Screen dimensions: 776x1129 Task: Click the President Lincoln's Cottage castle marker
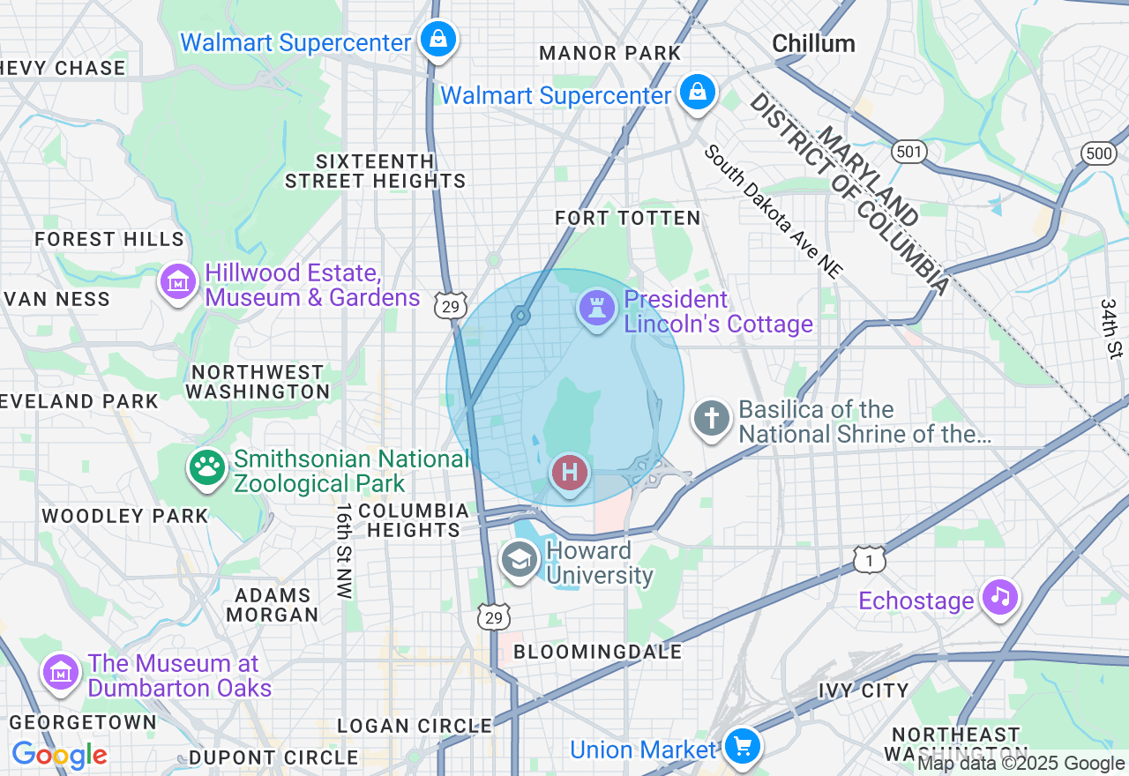(597, 309)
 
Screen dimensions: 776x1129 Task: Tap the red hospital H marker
(570, 473)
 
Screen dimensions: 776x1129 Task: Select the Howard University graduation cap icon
(520, 559)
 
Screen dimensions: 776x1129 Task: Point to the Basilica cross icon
(712, 418)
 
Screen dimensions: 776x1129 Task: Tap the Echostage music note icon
(999, 597)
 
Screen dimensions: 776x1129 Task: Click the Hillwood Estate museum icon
(179, 282)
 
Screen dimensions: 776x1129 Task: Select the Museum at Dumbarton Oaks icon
(61, 673)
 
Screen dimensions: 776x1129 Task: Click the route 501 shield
(909, 153)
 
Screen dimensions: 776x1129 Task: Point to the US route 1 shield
(870, 559)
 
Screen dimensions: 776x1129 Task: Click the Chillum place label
(813, 43)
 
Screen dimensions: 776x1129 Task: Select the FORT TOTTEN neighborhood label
(627, 218)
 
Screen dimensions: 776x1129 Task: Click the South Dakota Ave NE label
(773, 212)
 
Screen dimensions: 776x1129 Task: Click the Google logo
(59, 756)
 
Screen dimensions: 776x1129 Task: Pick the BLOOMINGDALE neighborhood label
(597, 652)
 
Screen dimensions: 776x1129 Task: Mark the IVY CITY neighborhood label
(864, 690)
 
